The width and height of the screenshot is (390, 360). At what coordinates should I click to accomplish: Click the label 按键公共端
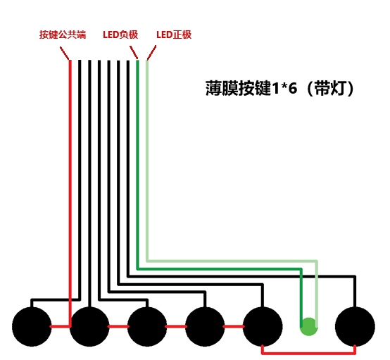(63, 35)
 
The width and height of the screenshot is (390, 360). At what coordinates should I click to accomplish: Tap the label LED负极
(120, 35)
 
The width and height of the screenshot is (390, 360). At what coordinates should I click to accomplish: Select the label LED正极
(174, 35)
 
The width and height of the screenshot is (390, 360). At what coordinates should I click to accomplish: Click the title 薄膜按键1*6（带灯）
(279, 88)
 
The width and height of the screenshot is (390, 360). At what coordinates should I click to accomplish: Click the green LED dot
(308, 327)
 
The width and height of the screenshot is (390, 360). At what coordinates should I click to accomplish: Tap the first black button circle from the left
(32, 327)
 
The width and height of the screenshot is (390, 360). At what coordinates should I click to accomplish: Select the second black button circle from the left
(89, 327)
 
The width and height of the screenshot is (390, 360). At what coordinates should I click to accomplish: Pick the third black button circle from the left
(147, 327)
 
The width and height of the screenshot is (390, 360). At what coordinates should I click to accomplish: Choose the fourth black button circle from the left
(205, 327)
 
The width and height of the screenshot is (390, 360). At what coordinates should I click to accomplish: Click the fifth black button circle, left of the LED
(263, 327)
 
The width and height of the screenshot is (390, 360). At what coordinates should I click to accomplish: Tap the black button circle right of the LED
(356, 327)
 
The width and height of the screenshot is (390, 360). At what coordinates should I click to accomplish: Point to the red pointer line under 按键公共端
(65, 53)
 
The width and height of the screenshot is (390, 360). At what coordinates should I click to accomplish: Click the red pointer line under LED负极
(134, 53)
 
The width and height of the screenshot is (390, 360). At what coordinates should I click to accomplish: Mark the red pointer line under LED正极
(151, 53)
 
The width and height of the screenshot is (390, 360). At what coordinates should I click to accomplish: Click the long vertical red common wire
(70, 193)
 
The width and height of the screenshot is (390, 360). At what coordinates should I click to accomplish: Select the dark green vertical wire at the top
(137, 164)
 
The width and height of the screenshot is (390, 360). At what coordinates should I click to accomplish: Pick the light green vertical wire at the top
(147, 161)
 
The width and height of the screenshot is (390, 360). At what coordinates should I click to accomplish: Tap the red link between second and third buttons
(118, 326)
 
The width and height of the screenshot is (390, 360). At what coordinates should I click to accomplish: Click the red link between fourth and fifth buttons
(234, 326)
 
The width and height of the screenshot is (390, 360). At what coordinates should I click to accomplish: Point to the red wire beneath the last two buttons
(308, 353)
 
